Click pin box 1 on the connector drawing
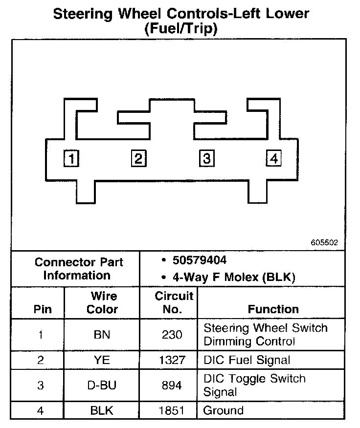71,159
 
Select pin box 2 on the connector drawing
138,159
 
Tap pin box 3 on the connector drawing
206,159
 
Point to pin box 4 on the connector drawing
273,159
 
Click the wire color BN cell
102,335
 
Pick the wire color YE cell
102,361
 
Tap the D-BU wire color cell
102,385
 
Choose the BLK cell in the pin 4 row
102,410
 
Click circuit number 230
172,335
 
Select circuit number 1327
172,361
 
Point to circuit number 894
172,385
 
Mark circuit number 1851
172,410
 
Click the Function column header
273,309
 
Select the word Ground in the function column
223,410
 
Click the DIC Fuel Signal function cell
247,361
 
